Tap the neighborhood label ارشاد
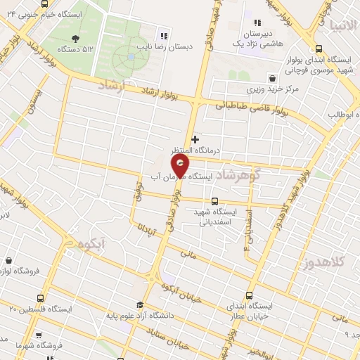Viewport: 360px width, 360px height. [x=111, y=87]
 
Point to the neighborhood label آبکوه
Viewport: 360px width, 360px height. [x=91, y=244]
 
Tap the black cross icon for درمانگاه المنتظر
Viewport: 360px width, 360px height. [x=195, y=139]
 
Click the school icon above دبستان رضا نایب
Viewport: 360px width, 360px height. [x=165, y=36]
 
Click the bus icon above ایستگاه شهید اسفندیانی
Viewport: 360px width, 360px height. [x=214, y=201]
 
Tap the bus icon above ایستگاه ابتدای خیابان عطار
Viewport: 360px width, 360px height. [x=249, y=295]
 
